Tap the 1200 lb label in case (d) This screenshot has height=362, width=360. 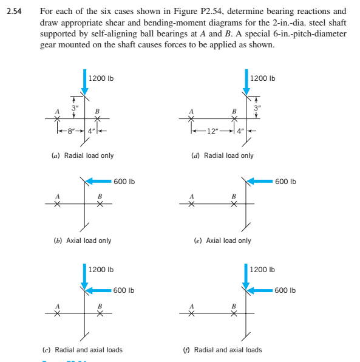click(263, 78)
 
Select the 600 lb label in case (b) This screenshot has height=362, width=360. click(124, 180)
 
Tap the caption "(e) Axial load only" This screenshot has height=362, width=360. click(222, 241)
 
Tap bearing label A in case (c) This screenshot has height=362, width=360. click(58, 305)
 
